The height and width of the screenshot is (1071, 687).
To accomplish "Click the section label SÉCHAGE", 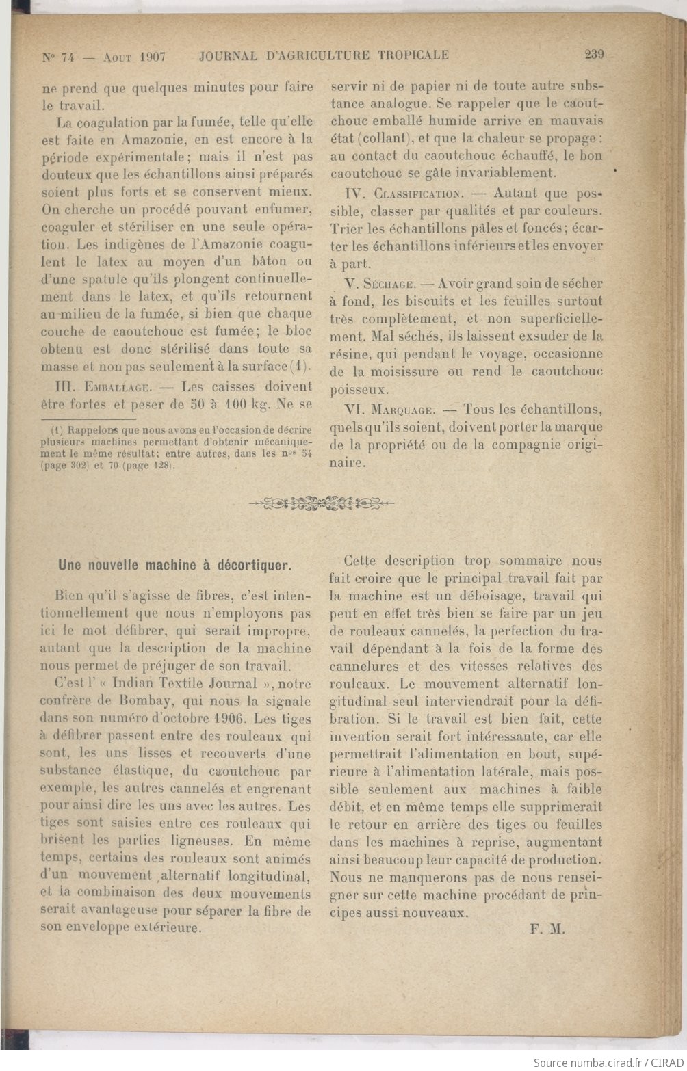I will pos(388,283).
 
